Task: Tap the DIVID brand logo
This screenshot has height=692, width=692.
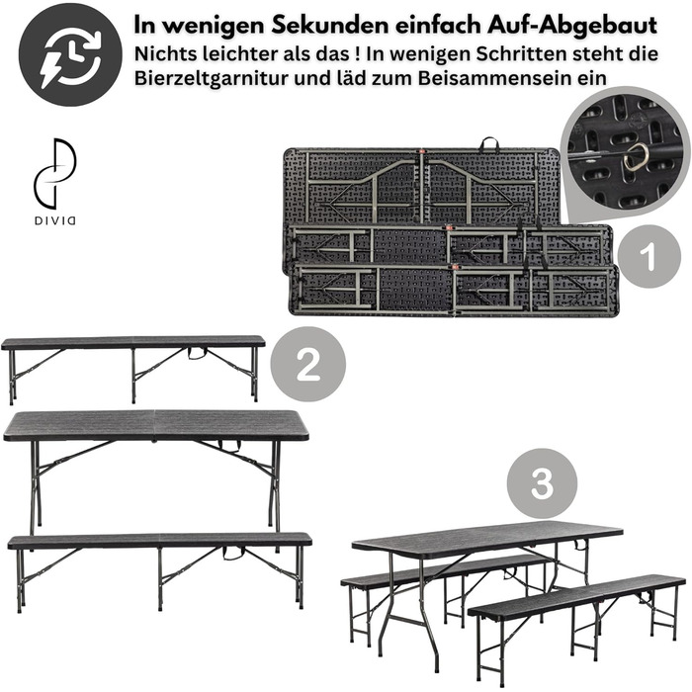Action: pos(55,181)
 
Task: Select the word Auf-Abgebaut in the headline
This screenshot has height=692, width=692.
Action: pos(572,26)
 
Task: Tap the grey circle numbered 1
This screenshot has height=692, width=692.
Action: pos(649,256)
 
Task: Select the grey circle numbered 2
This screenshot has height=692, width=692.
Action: pos(308,364)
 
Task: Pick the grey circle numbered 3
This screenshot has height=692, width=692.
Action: pos(542,483)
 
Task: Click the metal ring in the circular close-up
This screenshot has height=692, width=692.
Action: pos(636,156)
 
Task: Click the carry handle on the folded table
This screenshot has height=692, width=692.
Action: pos(489,143)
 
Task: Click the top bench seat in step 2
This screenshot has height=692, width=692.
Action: pos(133,342)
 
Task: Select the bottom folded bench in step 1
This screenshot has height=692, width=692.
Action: pos(454,290)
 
